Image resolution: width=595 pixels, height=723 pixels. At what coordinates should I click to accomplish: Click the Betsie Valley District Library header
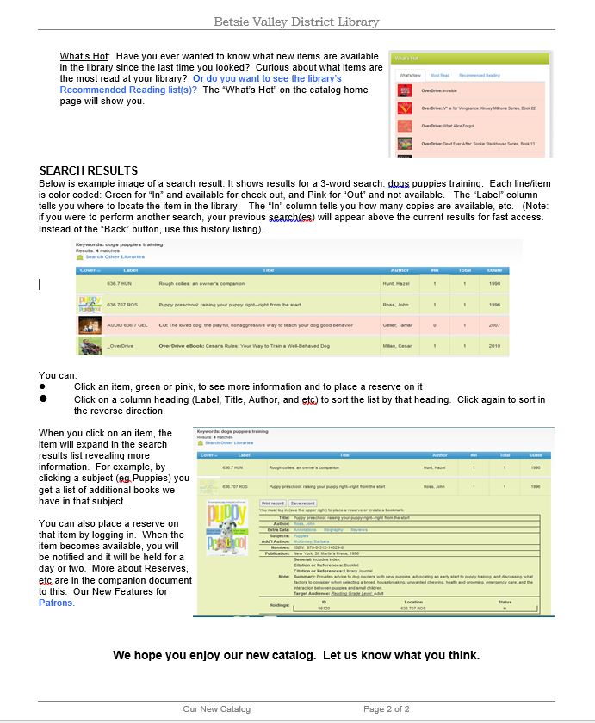coord(296,22)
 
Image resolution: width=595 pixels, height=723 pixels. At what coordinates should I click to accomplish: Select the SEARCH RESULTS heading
coord(89,170)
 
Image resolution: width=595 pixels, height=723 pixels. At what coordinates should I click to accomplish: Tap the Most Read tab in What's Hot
coord(439,76)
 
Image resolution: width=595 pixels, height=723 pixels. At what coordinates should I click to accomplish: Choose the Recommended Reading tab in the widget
coord(479,76)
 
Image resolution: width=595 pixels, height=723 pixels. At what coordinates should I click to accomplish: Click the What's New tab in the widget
coord(410,76)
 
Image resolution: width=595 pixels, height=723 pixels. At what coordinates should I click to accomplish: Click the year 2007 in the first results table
coord(494,325)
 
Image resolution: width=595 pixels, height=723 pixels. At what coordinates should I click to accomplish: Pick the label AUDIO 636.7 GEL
coord(126,325)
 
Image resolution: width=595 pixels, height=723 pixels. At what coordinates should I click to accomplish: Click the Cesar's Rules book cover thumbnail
coord(90,346)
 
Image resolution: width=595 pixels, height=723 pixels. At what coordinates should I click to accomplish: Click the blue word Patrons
coord(57,602)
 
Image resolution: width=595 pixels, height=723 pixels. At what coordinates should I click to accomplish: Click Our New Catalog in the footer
coord(216,709)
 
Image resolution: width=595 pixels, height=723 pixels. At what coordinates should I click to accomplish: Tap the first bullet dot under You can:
coord(43,387)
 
